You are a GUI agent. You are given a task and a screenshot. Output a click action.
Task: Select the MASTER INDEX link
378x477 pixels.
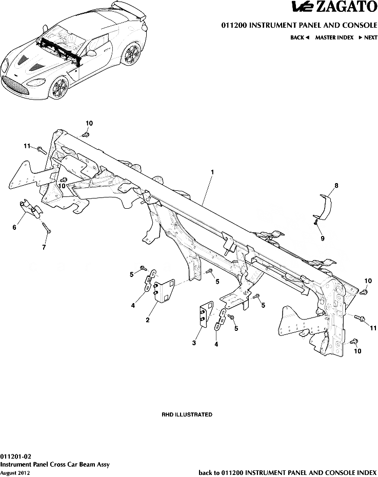pyautogui.click(x=334, y=37)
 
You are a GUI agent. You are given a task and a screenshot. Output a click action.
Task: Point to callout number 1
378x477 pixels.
pyautogui.click(x=212, y=172)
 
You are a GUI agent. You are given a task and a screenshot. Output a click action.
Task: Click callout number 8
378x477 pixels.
pyautogui.click(x=336, y=185)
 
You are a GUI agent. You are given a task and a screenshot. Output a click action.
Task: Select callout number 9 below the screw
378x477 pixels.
pyautogui.click(x=322, y=238)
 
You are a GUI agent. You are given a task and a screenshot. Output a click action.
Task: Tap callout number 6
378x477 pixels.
pyautogui.click(x=14, y=227)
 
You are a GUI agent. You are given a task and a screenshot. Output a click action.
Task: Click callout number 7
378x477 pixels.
pyautogui.click(x=44, y=247)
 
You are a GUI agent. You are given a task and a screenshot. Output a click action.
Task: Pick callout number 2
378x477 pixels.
pyautogui.click(x=148, y=320)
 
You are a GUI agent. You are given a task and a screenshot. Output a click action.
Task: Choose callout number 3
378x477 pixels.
pyautogui.click(x=194, y=343)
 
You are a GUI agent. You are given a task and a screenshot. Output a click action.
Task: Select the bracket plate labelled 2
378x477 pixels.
pyautogui.click(x=164, y=291)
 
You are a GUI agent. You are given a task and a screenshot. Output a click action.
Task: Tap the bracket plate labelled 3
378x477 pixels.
pyautogui.click(x=206, y=313)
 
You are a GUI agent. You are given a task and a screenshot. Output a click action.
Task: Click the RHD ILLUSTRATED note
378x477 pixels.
pyautogui.click(x=187, y=414)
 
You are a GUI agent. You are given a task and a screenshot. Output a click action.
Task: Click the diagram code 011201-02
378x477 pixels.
pyautogui.click(x=15, y=456)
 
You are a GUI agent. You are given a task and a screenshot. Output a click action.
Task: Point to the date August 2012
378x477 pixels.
pyautogui.click(x=15, y=473)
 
